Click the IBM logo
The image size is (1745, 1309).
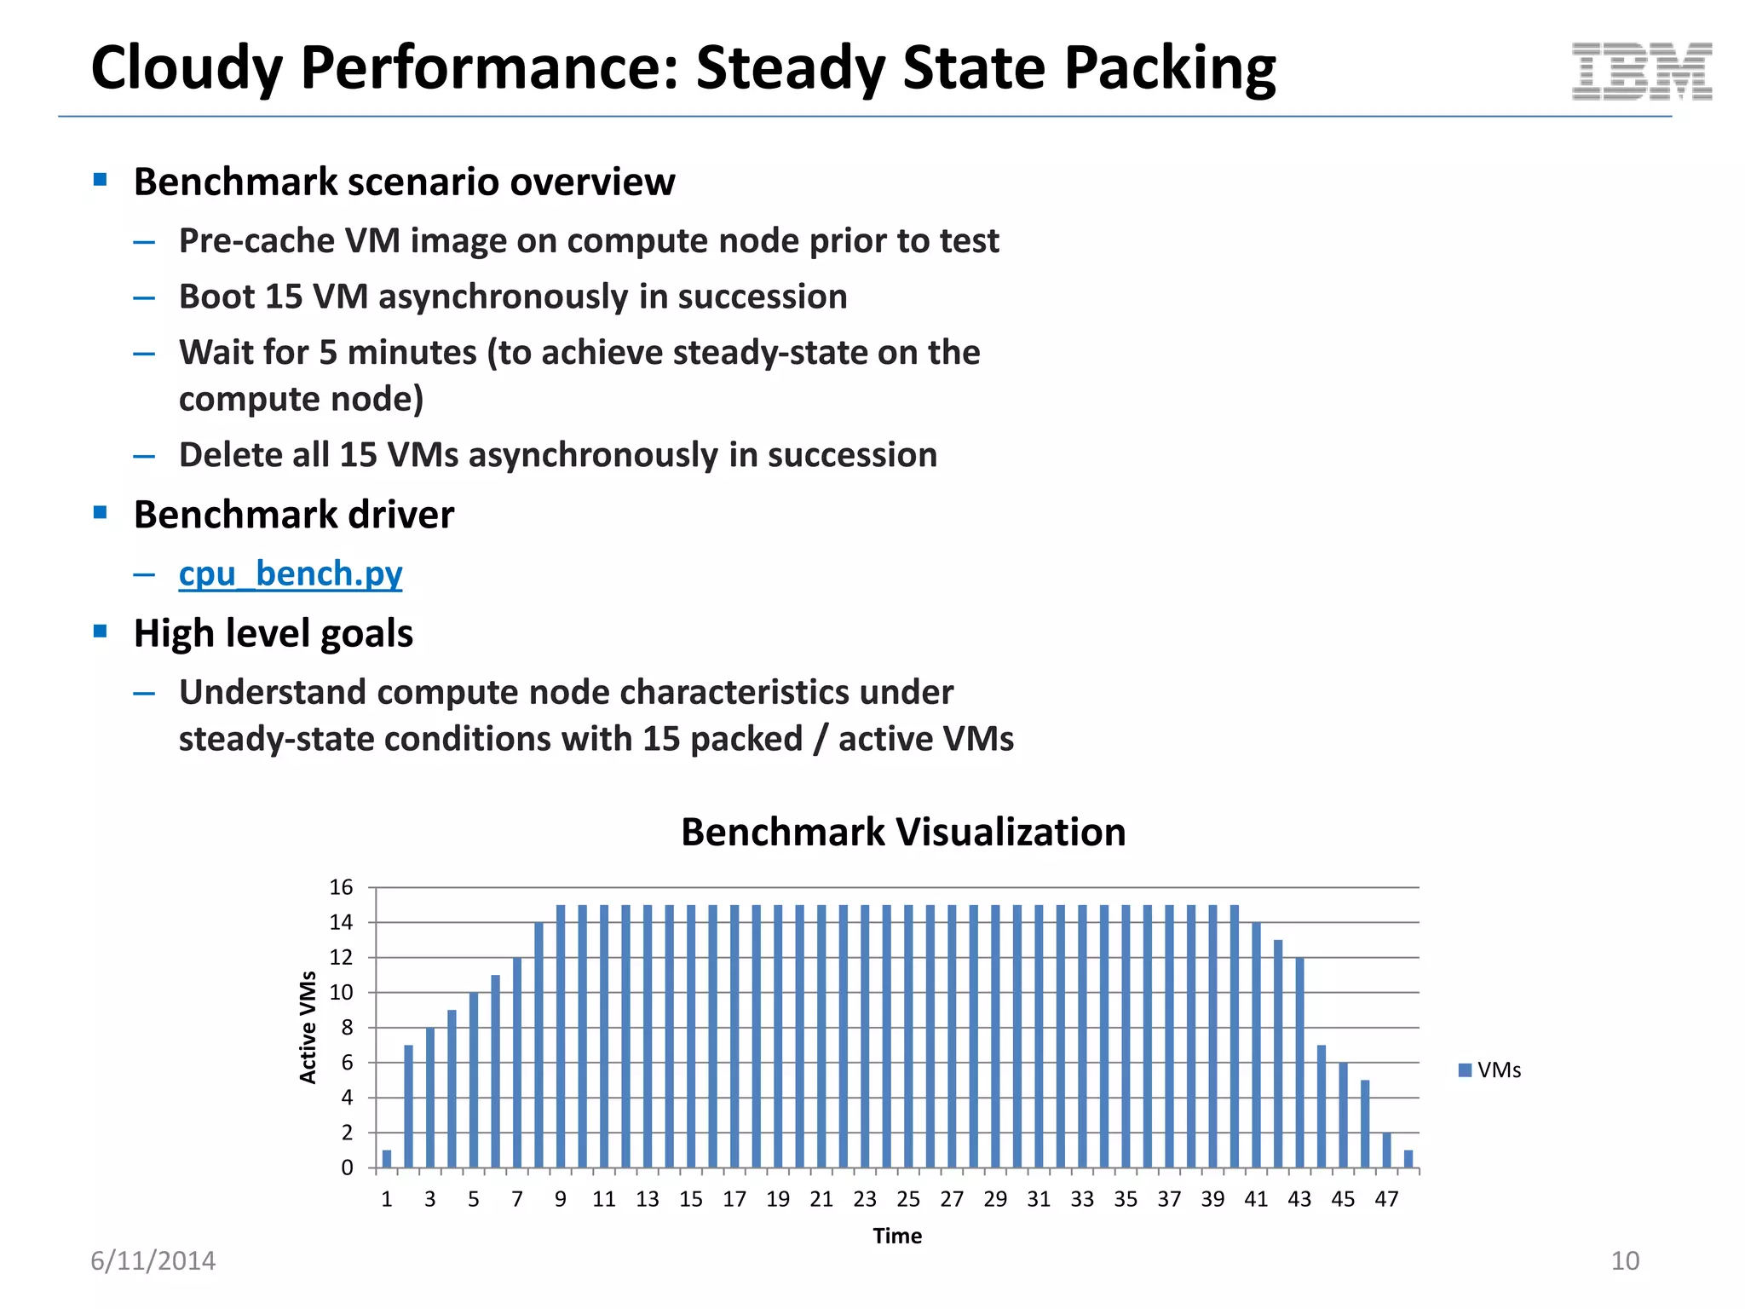[x=1641, y=72]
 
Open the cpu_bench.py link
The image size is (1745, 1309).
[x=290, y=574]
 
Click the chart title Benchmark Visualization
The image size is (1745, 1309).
[x=902, y=832]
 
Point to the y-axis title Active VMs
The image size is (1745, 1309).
[x=308, y=1027]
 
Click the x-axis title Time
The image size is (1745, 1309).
[x=896, y=1236]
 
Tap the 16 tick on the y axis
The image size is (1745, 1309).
[x=341, y=887]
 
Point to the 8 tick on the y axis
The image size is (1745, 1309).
[x=347, y=1028]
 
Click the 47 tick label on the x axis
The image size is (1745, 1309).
[x=1386, y=1199]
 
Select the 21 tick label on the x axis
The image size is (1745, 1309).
[x=821, y=1199]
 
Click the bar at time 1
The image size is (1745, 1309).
[x=387, y=1159]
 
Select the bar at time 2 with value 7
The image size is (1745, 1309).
[x=408, y=1106]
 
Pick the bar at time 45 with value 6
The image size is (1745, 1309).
[x=1344, y=1115]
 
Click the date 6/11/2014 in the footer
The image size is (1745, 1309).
[x=153, y=1260]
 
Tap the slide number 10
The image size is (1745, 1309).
[x=1625, y=1260]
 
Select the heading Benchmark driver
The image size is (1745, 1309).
[x=293, y=515]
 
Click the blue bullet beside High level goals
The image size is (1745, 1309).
[x=101, y=631]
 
